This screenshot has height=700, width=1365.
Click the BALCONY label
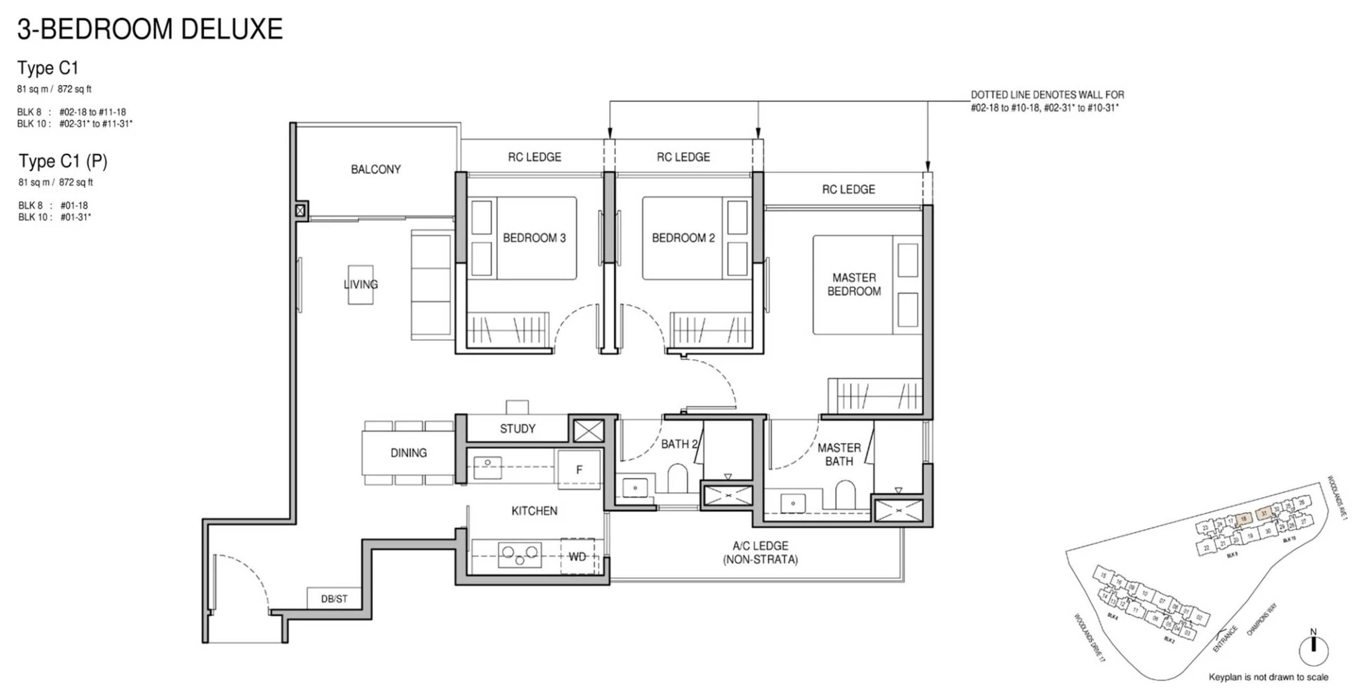click(375, 169)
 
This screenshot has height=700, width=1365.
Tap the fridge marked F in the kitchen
click(579, 469)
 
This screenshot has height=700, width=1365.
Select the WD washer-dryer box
click(578, 556)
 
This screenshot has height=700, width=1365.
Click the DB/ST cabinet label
click(334, 599)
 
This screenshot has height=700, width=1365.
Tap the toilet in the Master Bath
click(845, 495)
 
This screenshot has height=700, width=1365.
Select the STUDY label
click(517, 429)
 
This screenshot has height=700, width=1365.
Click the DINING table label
click(408, 453)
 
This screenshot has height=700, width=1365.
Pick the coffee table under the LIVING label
click(360, 285)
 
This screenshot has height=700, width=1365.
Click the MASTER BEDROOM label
click(854, 285)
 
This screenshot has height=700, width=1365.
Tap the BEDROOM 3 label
click(534, 238)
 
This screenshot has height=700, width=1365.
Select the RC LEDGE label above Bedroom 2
click(683, 157)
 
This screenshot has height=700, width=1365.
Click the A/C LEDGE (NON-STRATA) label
click(760, 552)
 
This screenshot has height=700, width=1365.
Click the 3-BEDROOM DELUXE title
click(150, 29)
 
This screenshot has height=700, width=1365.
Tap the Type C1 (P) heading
click(63, 161)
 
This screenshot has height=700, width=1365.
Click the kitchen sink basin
click(487, 468)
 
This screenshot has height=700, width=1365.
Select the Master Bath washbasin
click(793, 503)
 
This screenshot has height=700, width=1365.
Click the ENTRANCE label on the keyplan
click(1226, 638)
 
